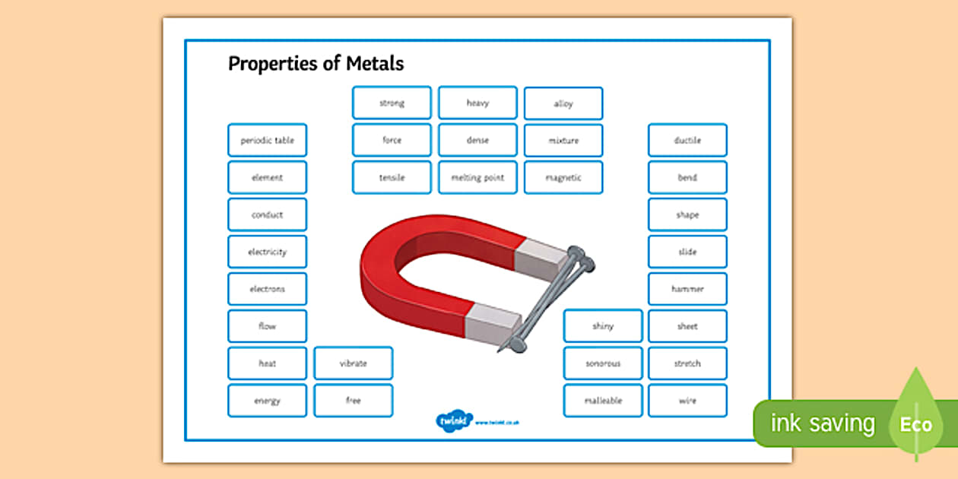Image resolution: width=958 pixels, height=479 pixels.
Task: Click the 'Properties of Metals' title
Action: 316,64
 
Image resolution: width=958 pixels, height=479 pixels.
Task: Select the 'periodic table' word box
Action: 267,141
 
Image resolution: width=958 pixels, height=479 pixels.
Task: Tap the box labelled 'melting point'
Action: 477,178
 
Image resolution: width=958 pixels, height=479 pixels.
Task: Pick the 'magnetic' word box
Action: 563,178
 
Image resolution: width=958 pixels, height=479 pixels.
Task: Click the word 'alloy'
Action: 563,104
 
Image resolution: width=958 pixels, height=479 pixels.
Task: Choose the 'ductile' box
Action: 687,141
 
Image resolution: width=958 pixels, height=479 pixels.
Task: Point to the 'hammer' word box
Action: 687,290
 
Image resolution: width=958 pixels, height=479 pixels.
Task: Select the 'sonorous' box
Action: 603,363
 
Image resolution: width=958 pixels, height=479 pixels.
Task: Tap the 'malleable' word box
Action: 603,401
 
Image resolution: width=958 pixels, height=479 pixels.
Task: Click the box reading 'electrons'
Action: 267,290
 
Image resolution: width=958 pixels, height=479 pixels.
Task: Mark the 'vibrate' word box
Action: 353,363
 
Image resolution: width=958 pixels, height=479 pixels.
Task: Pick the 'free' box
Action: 353,401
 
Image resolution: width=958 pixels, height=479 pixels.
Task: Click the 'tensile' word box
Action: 392,178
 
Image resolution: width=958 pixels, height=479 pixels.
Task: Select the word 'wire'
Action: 687,401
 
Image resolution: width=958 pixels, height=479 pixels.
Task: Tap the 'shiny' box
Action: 603,326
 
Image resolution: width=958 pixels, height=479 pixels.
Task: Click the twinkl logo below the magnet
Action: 455,420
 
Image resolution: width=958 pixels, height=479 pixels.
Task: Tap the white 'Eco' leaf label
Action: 916,423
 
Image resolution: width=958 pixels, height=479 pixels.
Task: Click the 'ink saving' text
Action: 823,423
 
